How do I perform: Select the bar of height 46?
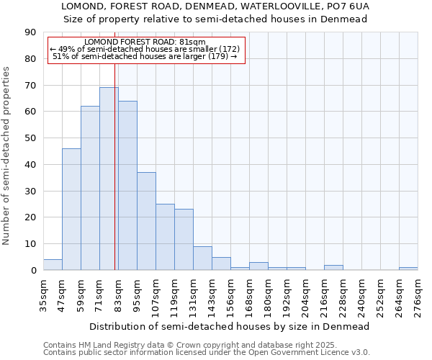[71, 209]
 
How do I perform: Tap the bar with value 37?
[146, 221]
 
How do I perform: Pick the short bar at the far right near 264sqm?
[408, 269]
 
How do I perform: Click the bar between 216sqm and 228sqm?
[333, 267]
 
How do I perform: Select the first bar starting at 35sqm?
[53, 264]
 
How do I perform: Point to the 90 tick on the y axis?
[31, 32]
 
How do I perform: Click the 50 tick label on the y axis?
[31, 138]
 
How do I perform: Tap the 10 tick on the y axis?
[31, 244]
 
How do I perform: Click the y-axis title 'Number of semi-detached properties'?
[7, 156]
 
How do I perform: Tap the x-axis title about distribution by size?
[230, 326]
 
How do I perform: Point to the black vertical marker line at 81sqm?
[115, 180]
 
